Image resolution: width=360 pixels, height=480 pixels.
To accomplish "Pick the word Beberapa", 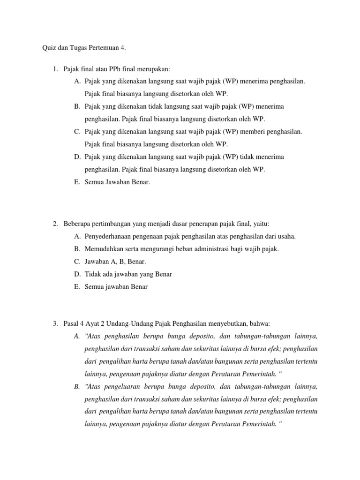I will pyautogui.click(x=77, y=224).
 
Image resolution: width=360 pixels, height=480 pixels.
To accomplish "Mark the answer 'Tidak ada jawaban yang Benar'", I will pyautogui.click(x=128, y=274).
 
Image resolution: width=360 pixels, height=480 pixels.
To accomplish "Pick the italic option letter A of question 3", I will pyautogui.click(x=77, y=336).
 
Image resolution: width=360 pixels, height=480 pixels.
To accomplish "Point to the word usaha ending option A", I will pyautogui.click(x=286, y=236).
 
